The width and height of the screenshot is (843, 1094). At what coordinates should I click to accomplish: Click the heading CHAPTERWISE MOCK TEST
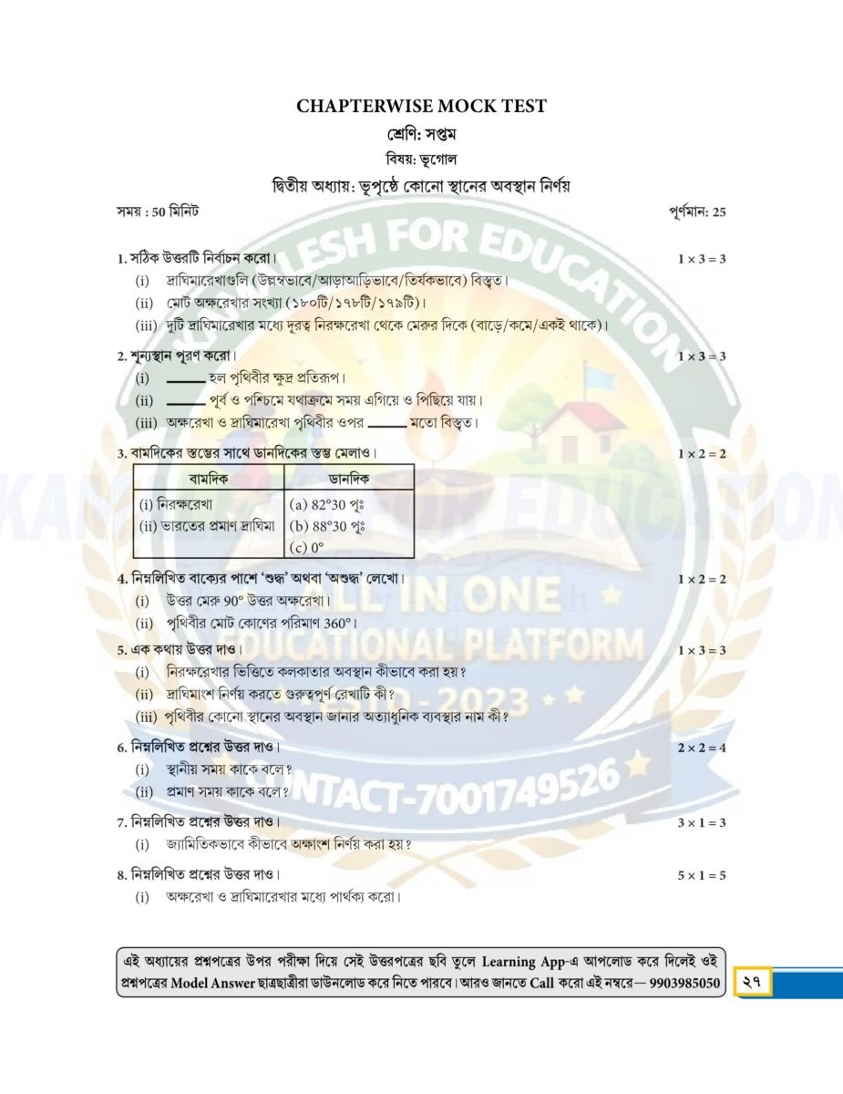pos(421,107)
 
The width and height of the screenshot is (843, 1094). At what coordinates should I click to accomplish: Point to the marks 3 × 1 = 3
pos(701,823)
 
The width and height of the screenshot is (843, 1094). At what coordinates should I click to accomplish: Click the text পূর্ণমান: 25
pos(696,212)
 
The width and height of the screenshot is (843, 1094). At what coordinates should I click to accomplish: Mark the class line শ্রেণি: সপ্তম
pos(421,135)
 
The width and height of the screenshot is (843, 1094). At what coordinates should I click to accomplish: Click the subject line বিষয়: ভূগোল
pos(421,160)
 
